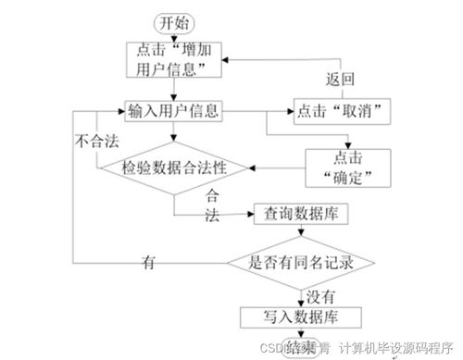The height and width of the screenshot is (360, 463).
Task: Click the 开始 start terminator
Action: [x=172, y=22]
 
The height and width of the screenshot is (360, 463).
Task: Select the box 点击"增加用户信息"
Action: [x=173, y=60]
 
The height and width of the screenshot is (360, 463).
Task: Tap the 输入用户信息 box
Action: [x=173, y=112]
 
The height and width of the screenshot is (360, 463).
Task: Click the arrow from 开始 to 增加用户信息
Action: [x=172, y=37]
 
